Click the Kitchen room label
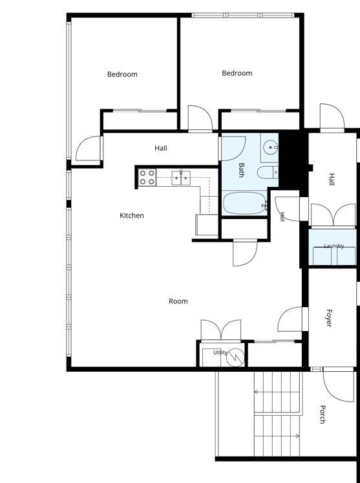(131, 215)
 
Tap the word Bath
(241, 170)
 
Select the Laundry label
(334, 246)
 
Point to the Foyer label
(328, 318)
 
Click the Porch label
(323, 414)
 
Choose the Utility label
(220, 352)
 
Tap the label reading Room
(178, 301)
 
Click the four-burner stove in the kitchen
(147, 177)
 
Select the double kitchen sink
(181, 178)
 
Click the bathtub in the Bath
(244, 203)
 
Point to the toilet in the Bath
(268, 173)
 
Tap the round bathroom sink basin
(270, 147)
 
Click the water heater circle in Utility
(235, 358)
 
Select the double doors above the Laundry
(334, 215)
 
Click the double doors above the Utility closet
(221, 330)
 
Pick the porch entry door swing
(338, 385)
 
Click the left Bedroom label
(122, 74)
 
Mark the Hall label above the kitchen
(161, 148)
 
